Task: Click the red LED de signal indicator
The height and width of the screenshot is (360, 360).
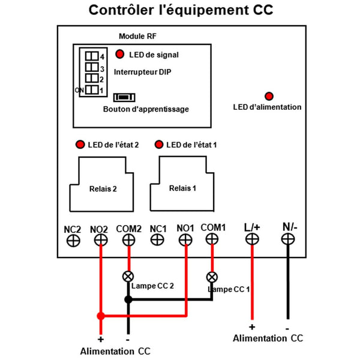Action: pyautogui.click(x=119, y=54)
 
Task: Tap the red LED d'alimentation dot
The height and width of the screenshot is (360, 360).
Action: pyautogui.click(x=269, y=96)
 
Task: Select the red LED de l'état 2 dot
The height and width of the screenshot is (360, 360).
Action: pyautogui.click(x=80, y=145)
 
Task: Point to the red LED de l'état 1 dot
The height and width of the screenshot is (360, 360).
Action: pyautogui.click(x=159, y=145)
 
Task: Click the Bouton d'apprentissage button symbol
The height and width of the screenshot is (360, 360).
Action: pyautogui.click(x=124, y=97)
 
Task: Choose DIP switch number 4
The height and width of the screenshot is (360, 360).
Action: pyautogui.click(x=92, y=56)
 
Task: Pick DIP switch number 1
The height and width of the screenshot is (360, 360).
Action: pyautogui.click(x=92, y=89)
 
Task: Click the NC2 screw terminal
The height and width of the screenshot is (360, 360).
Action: pyautogui.click(x=73, y=241)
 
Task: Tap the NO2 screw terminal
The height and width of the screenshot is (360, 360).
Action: pyautogui.click(x=101, y=240)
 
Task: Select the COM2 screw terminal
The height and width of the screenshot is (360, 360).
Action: pyautogui.click(x=129, y=240)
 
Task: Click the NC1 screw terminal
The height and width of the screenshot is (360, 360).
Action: pyautogui.click(x=157, y=240)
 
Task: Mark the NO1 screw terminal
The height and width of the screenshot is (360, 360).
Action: pyautogui.click(x=185, y=240)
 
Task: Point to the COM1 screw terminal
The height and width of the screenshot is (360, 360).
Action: pyautogui.click(x=212, y=239)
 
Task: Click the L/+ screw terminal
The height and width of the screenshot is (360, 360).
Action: pyautogui.click(x=252, y=239)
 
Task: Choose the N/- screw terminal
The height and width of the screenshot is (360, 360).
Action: pyautogui.click(x=288, y=239)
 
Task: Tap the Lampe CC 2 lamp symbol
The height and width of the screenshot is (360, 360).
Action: pyautogui.click(x=128, y=277)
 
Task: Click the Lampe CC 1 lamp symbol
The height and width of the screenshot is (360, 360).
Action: pyautogui.click(x=212, y=277)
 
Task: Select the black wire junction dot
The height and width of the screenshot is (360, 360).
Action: pyautogui.click(x=128, y=299)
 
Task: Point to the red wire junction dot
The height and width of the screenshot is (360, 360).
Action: pyautogui.click(x=101, y=316)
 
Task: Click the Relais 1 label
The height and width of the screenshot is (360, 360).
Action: pyautogui.click(x=182, y=188)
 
